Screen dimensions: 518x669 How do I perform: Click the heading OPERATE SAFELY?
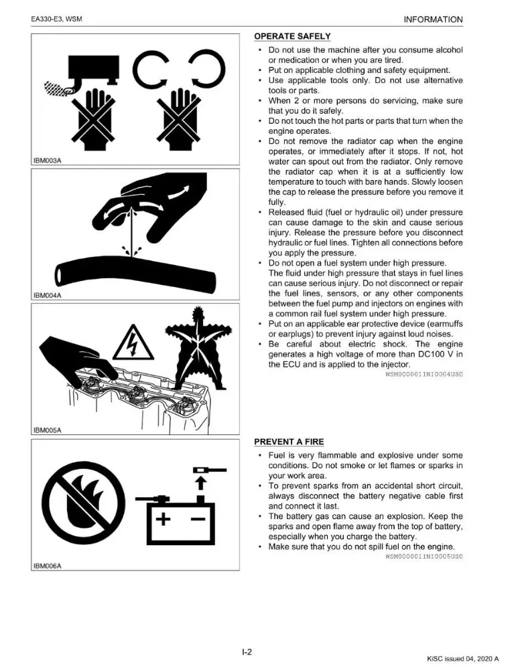(292, 36)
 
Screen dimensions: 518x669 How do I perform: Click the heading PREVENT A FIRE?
(289, 442)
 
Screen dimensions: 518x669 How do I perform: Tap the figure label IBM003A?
(48, 161)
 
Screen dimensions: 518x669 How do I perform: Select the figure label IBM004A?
(48, 295)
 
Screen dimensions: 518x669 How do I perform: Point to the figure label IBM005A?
(48, 430)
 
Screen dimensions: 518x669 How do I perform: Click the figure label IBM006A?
(48, 566)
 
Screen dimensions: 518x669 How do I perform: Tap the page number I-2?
(247, 652)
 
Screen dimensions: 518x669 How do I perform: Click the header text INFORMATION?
(433, 19)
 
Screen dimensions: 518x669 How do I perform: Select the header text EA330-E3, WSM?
(56, 19)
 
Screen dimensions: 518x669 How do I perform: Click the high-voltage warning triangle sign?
(133, 343)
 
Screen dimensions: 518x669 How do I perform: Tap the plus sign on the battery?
(163, 519)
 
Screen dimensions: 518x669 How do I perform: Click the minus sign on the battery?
(198, 519)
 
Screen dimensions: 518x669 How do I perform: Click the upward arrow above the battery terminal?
(200, 484)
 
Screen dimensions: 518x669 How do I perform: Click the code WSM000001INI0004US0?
(424, 374)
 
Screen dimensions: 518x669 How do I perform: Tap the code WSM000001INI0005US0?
(424, 557)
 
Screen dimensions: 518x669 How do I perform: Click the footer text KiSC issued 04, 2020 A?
(463, 659)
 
